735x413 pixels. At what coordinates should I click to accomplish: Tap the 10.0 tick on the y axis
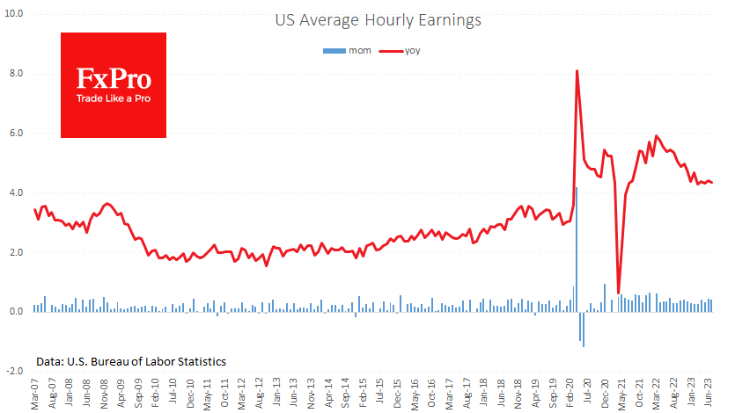tap(14, 14)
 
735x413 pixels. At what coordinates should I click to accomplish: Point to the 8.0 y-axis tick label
tap(16, 74)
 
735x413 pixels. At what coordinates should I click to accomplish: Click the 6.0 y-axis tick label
tap(16, 134)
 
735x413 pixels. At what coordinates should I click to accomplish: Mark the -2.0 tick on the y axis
tap(14, 372)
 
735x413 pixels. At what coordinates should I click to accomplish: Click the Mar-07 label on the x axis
tap(35, 393)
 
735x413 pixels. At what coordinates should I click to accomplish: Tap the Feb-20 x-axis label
tap(573, 393)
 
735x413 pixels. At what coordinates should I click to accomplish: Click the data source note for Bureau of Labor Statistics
tap(131, 361)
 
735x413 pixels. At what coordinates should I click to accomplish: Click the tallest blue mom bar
tap(577, 250)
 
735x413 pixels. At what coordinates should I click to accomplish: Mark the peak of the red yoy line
tap(577, 71)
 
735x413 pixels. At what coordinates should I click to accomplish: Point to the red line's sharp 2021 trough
tap(618, 293)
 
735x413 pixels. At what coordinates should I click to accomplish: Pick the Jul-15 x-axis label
tap(380, 393)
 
